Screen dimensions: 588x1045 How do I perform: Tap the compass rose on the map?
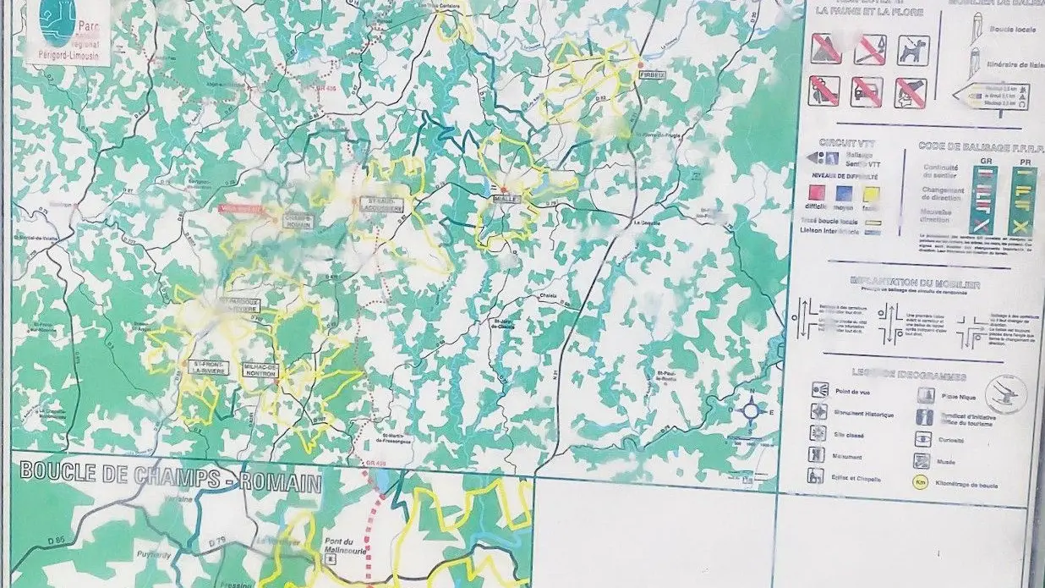751,411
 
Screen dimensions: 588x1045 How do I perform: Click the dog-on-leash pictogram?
911,50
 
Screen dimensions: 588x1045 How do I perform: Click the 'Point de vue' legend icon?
818,388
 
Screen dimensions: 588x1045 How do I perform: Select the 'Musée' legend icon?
923,462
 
